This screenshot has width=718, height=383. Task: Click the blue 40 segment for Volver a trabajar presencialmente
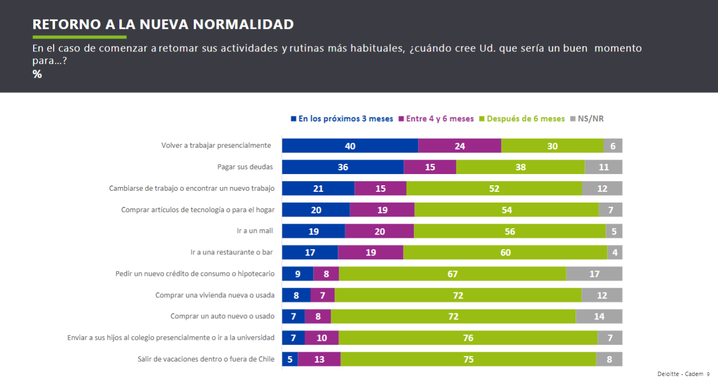pos(350,146)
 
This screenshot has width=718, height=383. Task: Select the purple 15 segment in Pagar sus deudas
pos(430,167)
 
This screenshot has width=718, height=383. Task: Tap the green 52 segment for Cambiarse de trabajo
pos(494,189)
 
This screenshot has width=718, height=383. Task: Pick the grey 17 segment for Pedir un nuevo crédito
pos(594,274)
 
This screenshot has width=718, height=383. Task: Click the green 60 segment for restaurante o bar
pos(505,252)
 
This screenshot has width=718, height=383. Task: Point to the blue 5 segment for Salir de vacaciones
pos(290,359)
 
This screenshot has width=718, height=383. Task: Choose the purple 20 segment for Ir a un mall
pos(379,231)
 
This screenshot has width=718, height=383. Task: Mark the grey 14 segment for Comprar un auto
pos(599,316)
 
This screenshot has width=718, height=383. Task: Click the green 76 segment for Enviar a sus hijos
pos(468,337)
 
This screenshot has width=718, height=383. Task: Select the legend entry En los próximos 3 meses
pos(342,119)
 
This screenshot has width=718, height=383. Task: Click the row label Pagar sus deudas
pos(245,167)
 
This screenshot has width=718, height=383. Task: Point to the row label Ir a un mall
pos(255,231)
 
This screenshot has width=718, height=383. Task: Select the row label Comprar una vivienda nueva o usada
pos(215,295)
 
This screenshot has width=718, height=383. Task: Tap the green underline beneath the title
pos(79,37)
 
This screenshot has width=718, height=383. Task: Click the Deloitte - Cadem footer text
pos(680,374)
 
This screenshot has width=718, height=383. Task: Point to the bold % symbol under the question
pos(37,74)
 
